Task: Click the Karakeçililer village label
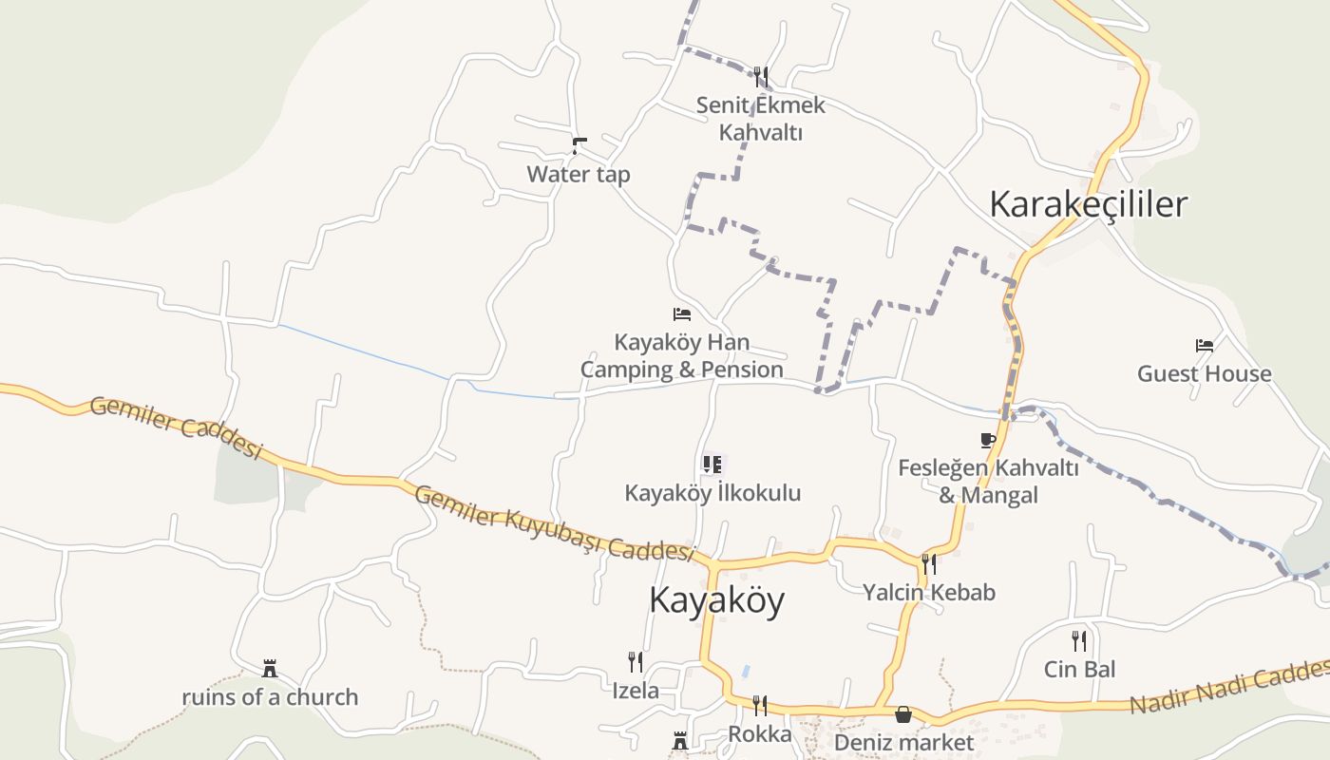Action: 1088,204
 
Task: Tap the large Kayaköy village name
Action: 716,600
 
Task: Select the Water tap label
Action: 578,175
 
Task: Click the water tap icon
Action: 579,145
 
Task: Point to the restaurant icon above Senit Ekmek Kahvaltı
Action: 760,76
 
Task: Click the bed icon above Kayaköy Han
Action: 681,313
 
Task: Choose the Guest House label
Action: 1204,373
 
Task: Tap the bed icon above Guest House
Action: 1205,345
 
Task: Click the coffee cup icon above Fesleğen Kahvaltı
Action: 988,439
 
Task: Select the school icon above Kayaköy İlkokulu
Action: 712,464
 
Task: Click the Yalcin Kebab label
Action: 928,593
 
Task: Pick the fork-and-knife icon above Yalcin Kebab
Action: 928,563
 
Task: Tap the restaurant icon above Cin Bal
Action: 1079,640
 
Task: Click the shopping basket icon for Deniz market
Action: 902,713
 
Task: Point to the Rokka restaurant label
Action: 759,734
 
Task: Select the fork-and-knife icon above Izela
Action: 635,661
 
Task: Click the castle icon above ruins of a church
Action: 270,669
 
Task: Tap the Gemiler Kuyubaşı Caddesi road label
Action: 555,522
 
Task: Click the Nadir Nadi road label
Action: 1230,691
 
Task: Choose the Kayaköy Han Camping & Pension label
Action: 681,356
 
